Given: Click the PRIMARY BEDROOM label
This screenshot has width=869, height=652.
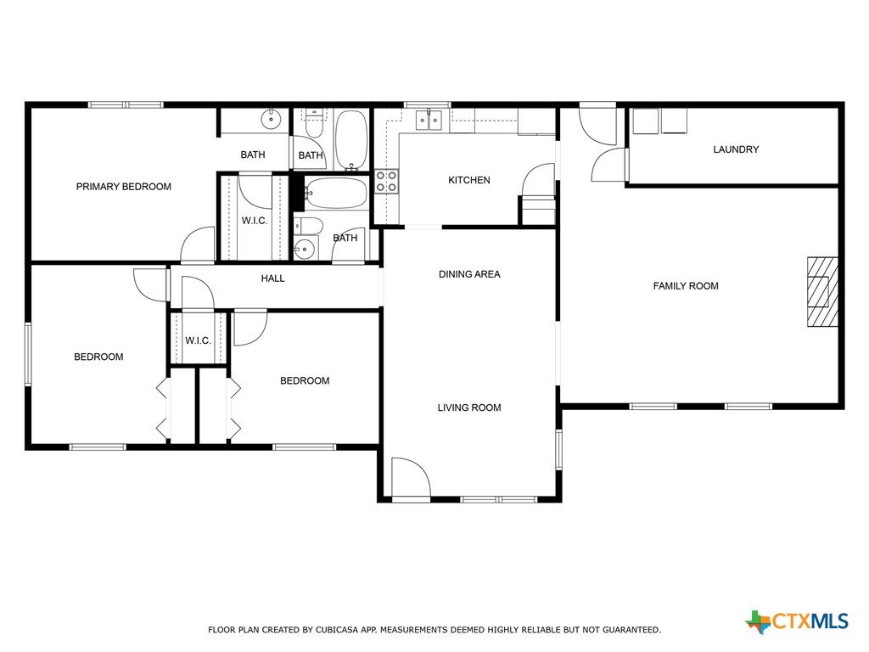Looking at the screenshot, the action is tap(124, 187).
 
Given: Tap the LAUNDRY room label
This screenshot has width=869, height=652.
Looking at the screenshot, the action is tap(736, 149).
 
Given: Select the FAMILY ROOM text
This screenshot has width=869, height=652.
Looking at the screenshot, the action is tap(686, 286).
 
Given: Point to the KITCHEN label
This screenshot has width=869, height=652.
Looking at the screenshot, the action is tap(468, 180).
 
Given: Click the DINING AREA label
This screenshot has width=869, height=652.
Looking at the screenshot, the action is tap(469, 274).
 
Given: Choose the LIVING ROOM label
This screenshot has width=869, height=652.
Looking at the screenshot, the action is tap(469, 408).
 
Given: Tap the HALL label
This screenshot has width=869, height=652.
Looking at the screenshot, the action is tap(272, 278).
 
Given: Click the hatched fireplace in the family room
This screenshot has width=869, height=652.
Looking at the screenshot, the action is tap(822, 292).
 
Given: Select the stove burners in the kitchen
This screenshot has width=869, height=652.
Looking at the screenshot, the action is tap(386, 181).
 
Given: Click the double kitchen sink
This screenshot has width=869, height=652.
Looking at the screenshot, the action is tap(429, 120).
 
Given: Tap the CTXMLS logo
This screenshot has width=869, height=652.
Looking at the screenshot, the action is tap(797, 621).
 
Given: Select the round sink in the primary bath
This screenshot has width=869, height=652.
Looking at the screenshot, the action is tap(271, 119).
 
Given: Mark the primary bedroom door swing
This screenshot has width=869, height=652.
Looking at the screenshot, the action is tap(199, 244).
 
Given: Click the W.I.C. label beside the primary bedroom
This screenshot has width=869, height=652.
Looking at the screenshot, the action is tap(255, 221).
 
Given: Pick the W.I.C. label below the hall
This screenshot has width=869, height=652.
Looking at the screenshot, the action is tap(198, 340).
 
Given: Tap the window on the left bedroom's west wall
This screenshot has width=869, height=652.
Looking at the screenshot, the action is tap(28, 354).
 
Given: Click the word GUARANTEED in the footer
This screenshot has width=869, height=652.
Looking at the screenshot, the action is tap(631, 630).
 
